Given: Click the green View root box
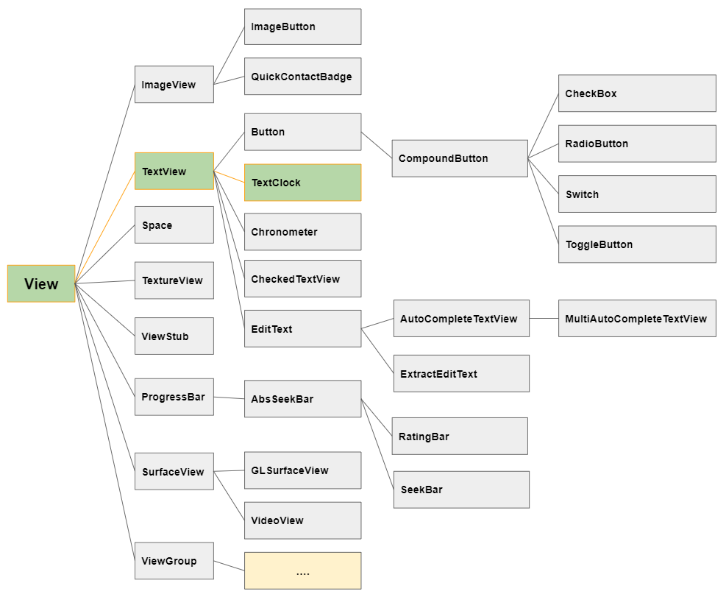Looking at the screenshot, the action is (x=41, y=283).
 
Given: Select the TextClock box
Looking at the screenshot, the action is (x=303, y=183).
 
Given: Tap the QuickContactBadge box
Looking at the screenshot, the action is (x=303, y=77).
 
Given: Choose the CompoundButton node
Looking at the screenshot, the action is (x=460, y=158).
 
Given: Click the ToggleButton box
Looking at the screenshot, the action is (x=637, y=244).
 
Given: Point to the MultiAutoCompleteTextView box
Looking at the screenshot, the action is (x=637, y=319).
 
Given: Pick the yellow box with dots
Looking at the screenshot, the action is (x=303, y=570).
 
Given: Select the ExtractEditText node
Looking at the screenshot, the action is (x=462, y=374).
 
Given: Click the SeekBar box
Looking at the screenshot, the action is (x=462, y=490).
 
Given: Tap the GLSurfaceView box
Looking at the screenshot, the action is (x=303, y=470).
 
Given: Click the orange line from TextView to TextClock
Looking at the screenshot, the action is (x=229, y=177).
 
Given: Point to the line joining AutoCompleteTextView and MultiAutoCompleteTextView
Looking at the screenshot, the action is (x=544, y=319).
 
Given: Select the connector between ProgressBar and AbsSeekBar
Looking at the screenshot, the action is (x=229, y=398).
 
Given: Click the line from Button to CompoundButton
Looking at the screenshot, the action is (x=377, y=145).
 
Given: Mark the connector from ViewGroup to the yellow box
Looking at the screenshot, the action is (x=229, y=566).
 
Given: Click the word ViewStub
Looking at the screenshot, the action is (x=165, y=336).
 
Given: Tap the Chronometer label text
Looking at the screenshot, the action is (x=284, y=232).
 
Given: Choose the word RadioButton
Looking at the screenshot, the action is (x=597, y=144).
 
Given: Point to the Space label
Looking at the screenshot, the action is (x=157, y=226).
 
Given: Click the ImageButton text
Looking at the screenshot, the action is (x=283, y=27).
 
